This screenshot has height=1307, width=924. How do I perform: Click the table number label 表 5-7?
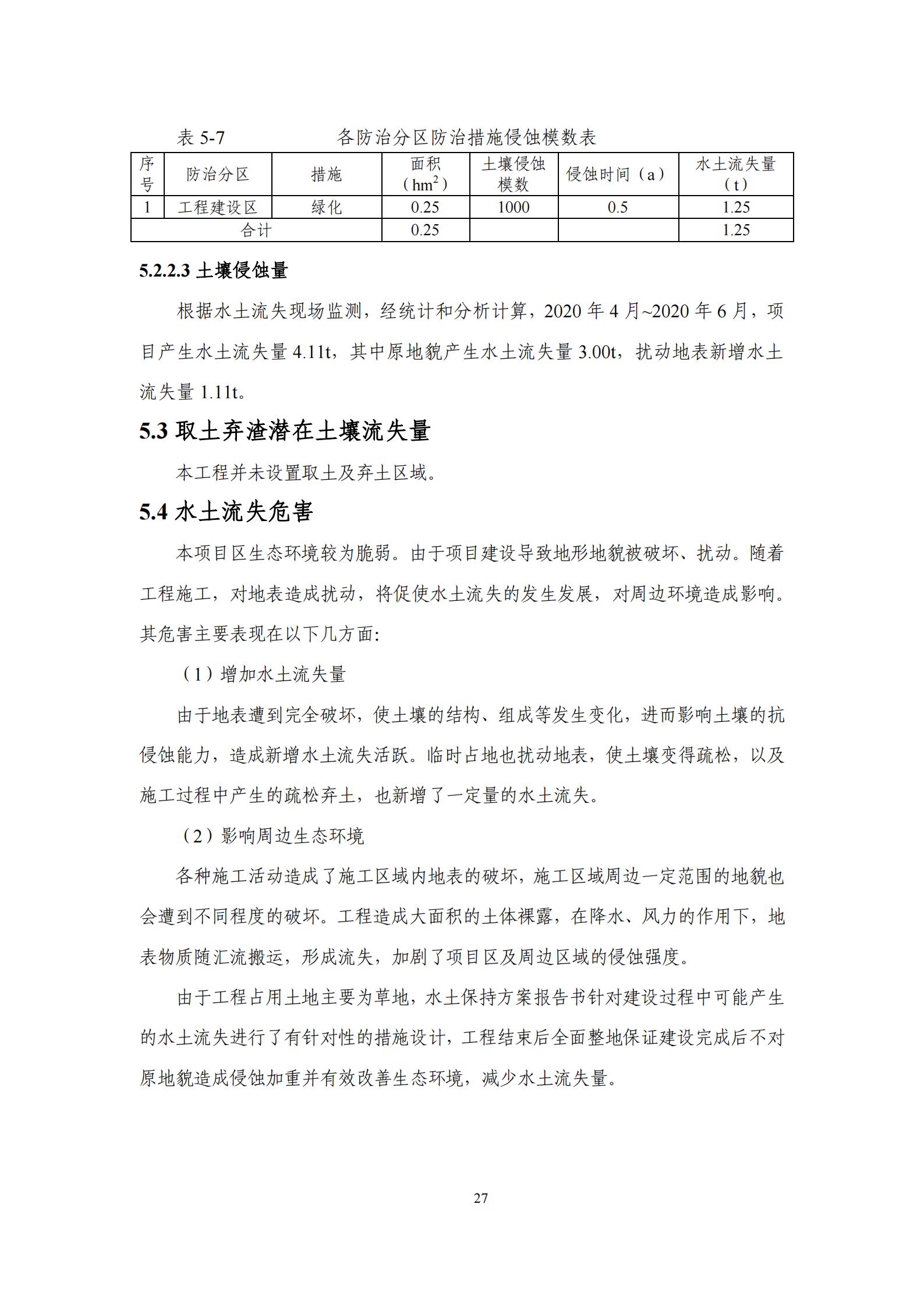pos(200,138)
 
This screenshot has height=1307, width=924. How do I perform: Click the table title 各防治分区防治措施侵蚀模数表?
pos(466,138)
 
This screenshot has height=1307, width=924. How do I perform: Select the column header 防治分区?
pos(218,174)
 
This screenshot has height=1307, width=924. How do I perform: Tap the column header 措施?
pos(326,174)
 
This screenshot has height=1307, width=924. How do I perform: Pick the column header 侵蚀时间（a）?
pos(618,174)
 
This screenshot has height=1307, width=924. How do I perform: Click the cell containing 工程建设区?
pos(218,207)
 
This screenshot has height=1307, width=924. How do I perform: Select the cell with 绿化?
pos(326,207)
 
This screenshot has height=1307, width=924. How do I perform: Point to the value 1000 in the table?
pos(514,207)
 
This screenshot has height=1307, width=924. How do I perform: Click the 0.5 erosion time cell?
pos(618,207)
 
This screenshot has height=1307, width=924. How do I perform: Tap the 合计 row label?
pos(256,230)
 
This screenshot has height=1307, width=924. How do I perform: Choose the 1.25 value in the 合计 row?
pos(736,230)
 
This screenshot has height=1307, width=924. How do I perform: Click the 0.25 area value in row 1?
pos(425,207)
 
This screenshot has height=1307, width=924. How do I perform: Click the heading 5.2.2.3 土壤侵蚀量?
pos(214,271)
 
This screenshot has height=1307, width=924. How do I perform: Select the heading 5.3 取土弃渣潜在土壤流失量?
pos(285,431)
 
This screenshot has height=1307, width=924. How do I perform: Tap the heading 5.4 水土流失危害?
pos(226,512)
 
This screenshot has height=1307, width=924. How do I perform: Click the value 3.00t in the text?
pos(598,352)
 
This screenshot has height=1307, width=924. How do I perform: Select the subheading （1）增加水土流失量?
pos(261,674)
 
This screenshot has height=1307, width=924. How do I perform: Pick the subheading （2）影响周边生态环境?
pos(270,836)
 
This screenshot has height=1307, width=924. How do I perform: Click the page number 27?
pos(481,1198)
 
